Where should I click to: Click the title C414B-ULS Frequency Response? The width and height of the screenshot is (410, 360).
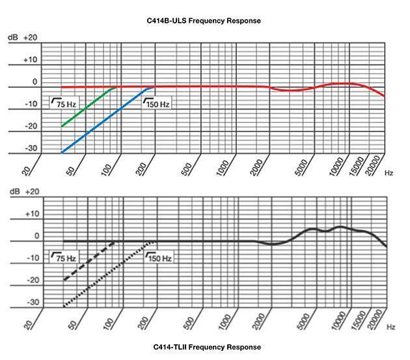204,21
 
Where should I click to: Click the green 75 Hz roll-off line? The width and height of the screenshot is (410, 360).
88,107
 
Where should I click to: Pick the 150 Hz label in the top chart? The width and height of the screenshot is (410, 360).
158,103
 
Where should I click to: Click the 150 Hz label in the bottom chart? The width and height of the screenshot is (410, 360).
159,258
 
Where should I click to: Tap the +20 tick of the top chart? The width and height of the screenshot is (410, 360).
31,38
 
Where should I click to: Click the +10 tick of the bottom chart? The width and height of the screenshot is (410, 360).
31,214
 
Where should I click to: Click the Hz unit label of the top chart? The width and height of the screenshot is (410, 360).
389,173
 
